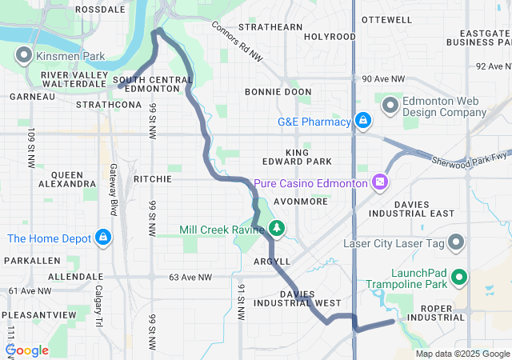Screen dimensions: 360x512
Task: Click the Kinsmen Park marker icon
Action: coord(23,55)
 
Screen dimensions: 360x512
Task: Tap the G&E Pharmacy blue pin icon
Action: coord(363,121)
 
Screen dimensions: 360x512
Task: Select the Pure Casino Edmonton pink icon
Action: coord(379,183)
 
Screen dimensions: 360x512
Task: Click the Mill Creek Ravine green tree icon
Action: coord(277,230)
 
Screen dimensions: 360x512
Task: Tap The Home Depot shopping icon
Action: coord(103,238)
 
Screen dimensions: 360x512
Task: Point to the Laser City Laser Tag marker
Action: coord(456,242)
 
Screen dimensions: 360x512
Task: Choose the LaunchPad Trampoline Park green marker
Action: coord(459,278)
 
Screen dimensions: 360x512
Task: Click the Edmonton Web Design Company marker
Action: coord(390,106)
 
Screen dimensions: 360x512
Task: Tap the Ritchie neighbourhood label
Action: coord(152,179)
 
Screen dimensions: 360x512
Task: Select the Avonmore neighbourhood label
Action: coord(301,202)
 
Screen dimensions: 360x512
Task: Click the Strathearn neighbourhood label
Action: coord(275,26)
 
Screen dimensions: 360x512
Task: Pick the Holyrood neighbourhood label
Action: coord(330,37)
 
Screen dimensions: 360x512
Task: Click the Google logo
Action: coord(27,350)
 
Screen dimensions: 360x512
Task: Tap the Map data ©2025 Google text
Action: coord(462,354)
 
